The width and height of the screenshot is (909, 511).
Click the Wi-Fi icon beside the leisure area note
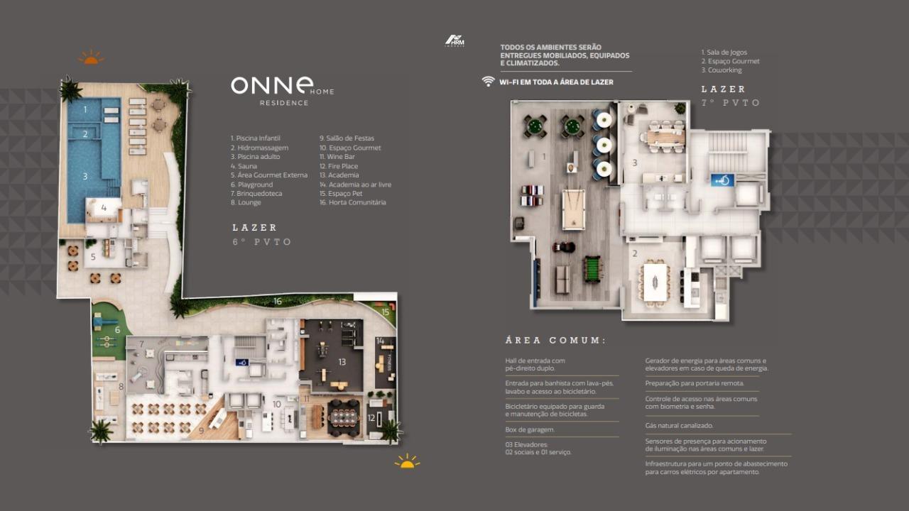pos(488,82)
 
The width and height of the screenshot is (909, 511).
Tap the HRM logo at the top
pos(454,40)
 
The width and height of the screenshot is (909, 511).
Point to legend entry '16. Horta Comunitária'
pos(353,202)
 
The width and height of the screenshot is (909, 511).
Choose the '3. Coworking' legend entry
pos(722,70)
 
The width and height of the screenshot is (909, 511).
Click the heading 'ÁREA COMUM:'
pos(555,341)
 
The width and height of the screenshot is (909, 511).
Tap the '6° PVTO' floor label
pos(262,242)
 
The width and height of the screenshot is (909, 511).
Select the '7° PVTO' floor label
pos(731,103)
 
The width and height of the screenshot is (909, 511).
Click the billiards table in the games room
pos(573,209)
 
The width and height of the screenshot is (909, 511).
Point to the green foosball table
pos(590,270)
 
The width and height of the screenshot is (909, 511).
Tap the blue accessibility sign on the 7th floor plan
pos(722,180)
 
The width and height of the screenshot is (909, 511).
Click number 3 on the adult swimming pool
pos(85,176)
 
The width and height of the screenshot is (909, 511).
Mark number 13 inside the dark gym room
pos(342,362)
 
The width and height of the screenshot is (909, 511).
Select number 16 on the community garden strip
pos(278,302)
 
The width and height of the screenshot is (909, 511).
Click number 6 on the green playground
pos(118,329)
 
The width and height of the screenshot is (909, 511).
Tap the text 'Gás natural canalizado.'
pos(679,426)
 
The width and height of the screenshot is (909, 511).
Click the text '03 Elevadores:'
pos(526,444)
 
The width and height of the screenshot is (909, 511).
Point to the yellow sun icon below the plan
pos(407,462)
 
